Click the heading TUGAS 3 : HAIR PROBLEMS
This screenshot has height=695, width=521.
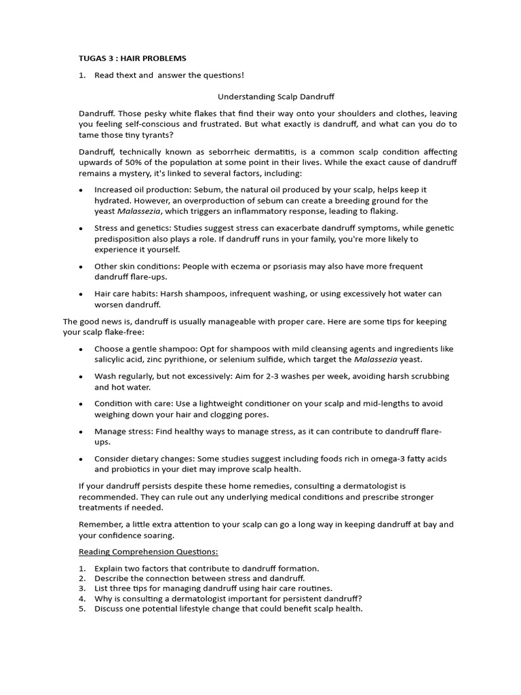pyautogui.click(x=132, y=58)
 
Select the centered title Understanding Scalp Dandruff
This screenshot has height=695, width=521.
pyautogui.click(x=267, y=97)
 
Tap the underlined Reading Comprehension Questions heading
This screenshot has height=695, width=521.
pyautogui.click(x=149, y=551)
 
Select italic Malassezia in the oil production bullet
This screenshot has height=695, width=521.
pyautogui.click(x=140, y=212)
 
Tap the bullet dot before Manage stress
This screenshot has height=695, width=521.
pyautogui.click(x=81, y=432)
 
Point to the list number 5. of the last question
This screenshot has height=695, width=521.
pyautogui.click(x=82, y=609)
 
